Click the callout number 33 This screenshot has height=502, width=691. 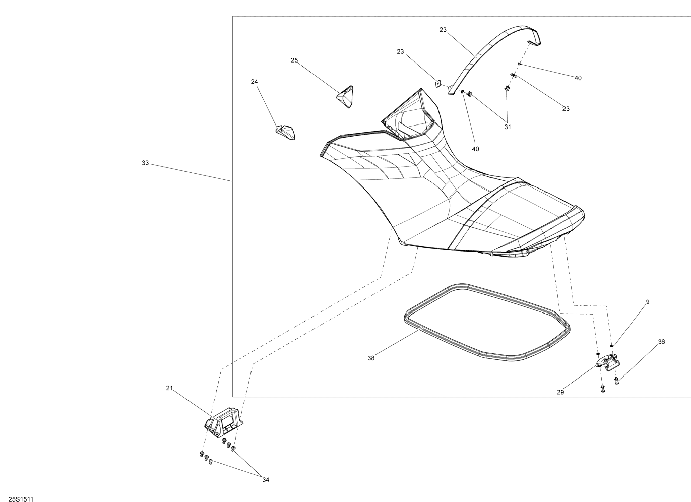[145, 163]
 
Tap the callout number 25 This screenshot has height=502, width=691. [294, 60]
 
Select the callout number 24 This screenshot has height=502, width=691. [254, 82]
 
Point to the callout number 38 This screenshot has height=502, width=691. [371, 358]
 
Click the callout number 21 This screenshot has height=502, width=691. [169, 388]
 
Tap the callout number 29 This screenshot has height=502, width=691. [560, 393]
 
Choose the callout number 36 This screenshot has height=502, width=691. [661, 342]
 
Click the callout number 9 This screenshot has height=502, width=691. [648, 302]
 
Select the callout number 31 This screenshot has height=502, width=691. [508, 127]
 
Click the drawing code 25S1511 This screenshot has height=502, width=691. [21, 499]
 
